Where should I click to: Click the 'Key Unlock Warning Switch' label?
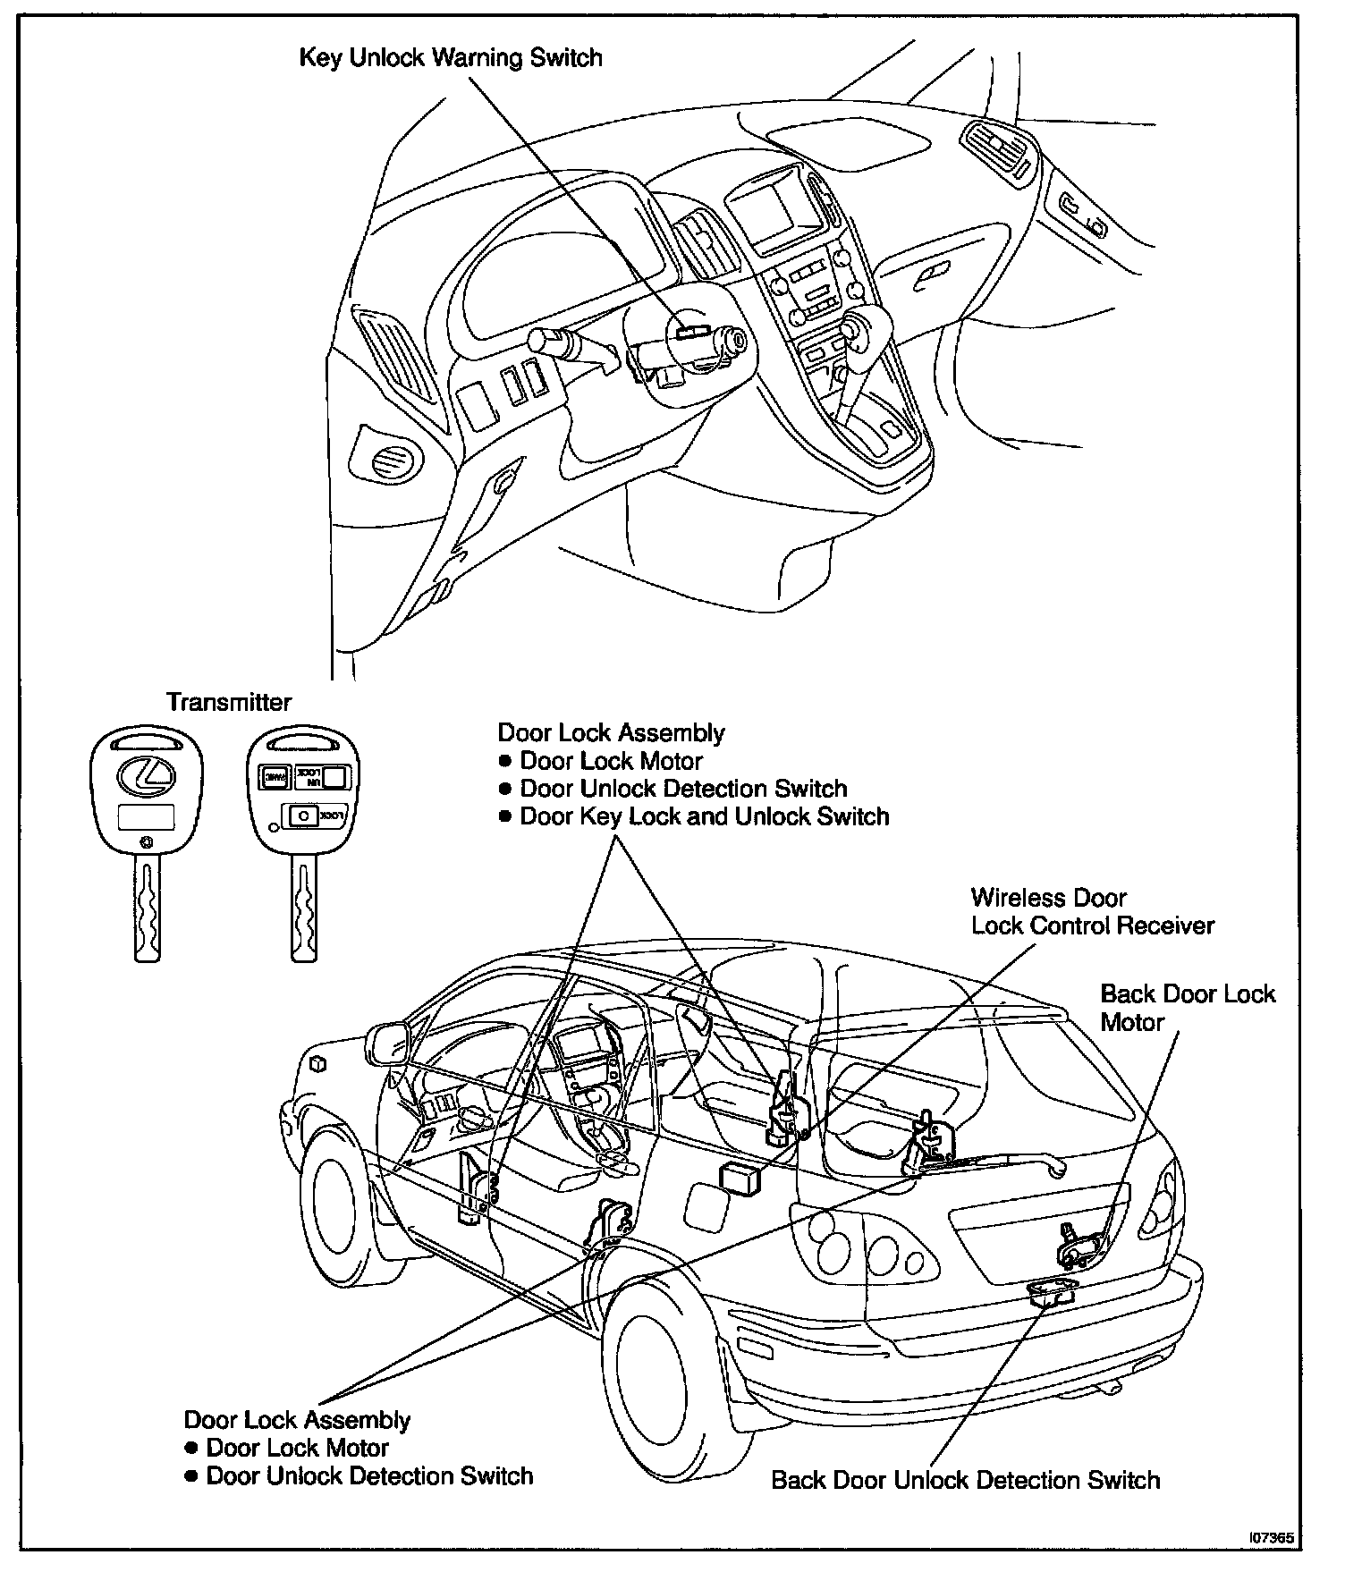click(450, 59)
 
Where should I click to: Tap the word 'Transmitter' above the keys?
click(229, 702)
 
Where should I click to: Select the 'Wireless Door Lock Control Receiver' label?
click(1092, 911)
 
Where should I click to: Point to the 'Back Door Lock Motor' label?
click(1187, 1008)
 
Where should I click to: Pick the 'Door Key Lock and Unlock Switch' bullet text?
click(704, 816)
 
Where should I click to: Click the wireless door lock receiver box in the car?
click(740, 1179)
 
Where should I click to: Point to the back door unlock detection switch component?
click(1053, 1292)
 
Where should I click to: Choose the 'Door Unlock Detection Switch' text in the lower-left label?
click(369, 1475)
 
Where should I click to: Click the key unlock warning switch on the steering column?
click(689, 331)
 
